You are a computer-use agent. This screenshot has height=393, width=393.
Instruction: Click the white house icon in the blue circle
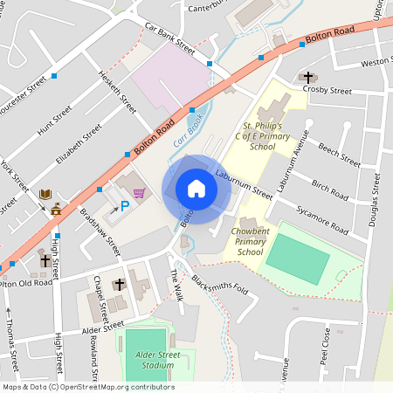[x=196, y=189]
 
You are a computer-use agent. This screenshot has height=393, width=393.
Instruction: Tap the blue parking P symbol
[x=124, y=205]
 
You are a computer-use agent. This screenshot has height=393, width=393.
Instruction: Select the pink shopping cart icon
[x=138, y=192]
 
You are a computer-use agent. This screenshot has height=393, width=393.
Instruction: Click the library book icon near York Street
[x=45, y=194]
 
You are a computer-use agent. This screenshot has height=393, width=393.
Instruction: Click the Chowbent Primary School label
[x=250, y=243]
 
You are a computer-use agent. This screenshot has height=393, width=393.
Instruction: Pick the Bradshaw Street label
[x=100, y=231]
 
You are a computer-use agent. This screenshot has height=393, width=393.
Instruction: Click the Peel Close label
[x=325, y=347]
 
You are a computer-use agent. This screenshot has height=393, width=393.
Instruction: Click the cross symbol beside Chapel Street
[x=120, y=285]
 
